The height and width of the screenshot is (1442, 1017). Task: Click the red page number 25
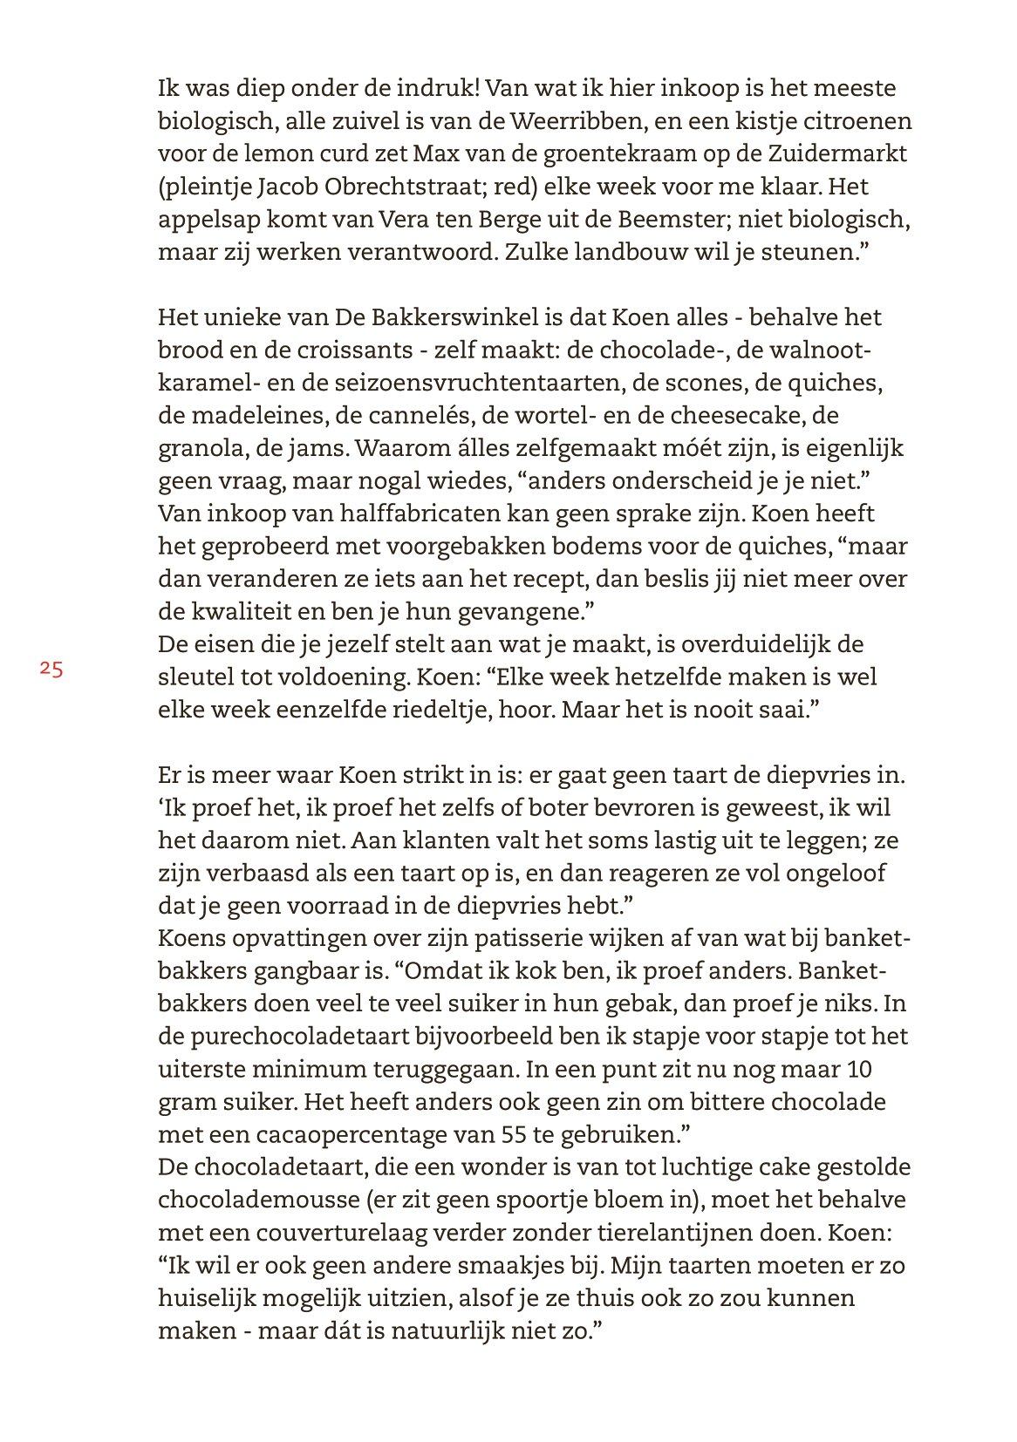click(x=51, y=670)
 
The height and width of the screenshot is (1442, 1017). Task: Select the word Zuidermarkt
click(x=835, y=153)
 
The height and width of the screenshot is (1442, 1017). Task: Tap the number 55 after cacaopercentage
click(x=515, y=1134)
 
